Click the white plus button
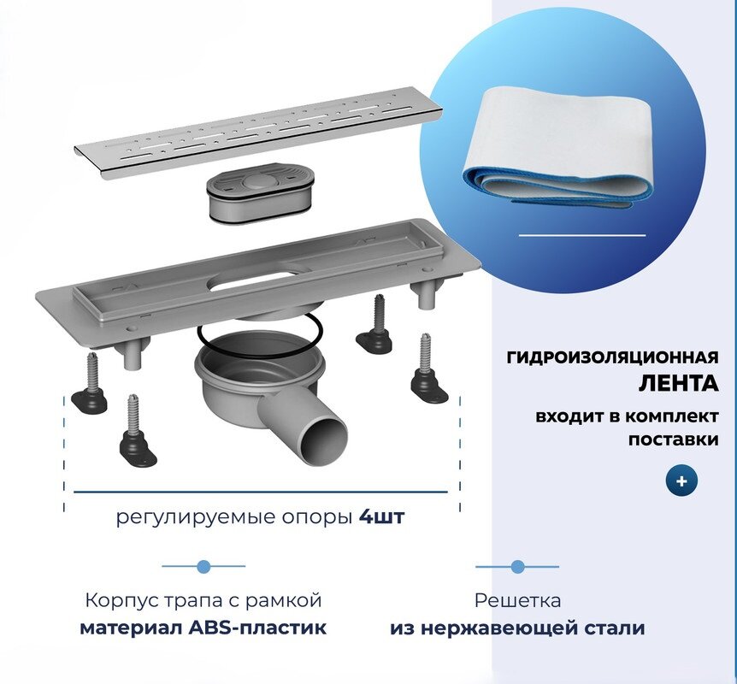681,481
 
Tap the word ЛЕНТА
679,384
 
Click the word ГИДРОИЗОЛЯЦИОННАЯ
612,357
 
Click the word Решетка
517,601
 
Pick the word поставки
673,439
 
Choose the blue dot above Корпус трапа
203,566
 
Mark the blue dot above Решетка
517,566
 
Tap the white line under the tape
582,234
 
